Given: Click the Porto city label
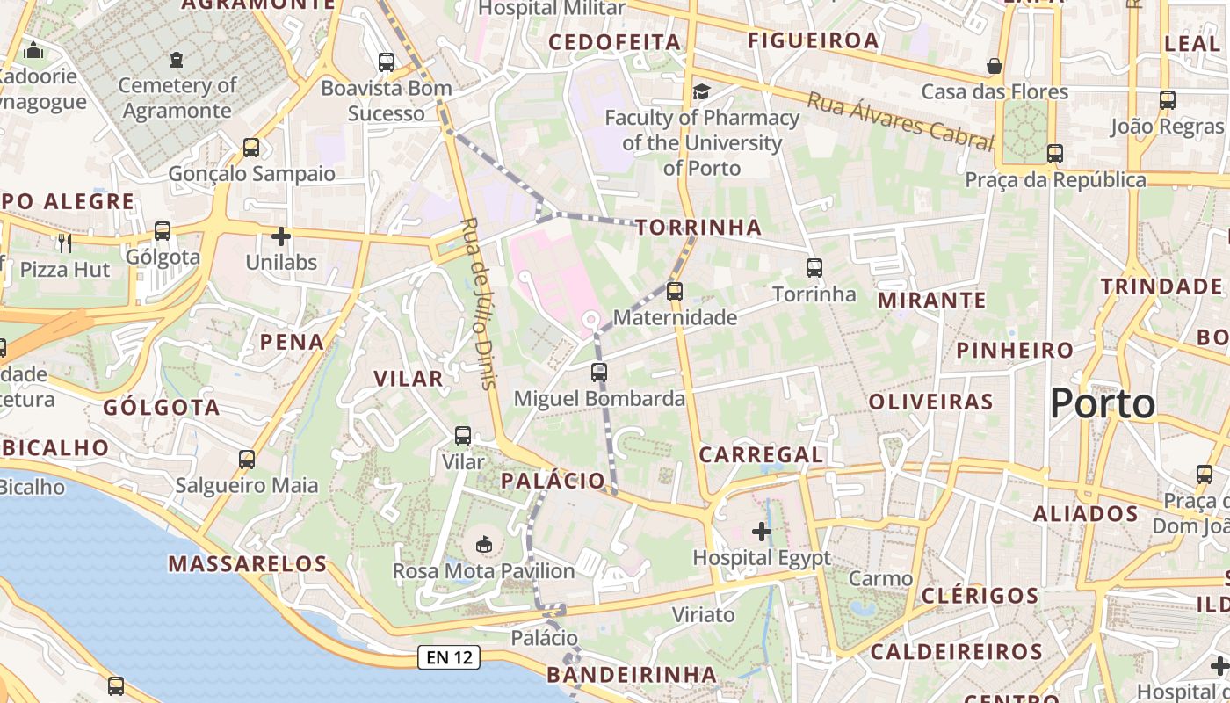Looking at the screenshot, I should [x=1103, y=404].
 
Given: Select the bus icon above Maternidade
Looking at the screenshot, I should [x=674, y=291].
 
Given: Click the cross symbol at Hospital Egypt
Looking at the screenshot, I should [x=762, y=532].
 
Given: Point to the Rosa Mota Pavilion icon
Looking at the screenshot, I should [x=483, y=545].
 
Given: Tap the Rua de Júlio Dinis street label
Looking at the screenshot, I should [x=479, y=302].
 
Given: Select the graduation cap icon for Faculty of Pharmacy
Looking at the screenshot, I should [x=701, y=91].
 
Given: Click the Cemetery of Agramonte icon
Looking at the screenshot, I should [x=177, y=60].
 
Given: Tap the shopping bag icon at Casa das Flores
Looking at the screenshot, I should [x=995, y=66].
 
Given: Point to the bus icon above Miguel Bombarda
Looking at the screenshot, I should [x=599, y=373].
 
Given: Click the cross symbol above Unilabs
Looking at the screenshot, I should [x=281, y=236].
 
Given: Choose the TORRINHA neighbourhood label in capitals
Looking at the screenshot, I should [x=698, y=228].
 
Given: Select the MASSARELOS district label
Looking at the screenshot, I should [x=248, y=564].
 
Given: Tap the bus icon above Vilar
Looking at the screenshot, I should [x=463, y=436].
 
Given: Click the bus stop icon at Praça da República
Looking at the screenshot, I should [x=1055, y=154].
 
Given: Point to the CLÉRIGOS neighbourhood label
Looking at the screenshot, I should [x=980, y=596].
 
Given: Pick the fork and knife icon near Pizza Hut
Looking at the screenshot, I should [x=64, y=241].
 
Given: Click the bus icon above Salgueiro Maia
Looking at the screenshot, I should [x=247, y=460].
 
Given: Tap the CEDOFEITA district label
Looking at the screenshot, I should [x=615, y=42].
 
